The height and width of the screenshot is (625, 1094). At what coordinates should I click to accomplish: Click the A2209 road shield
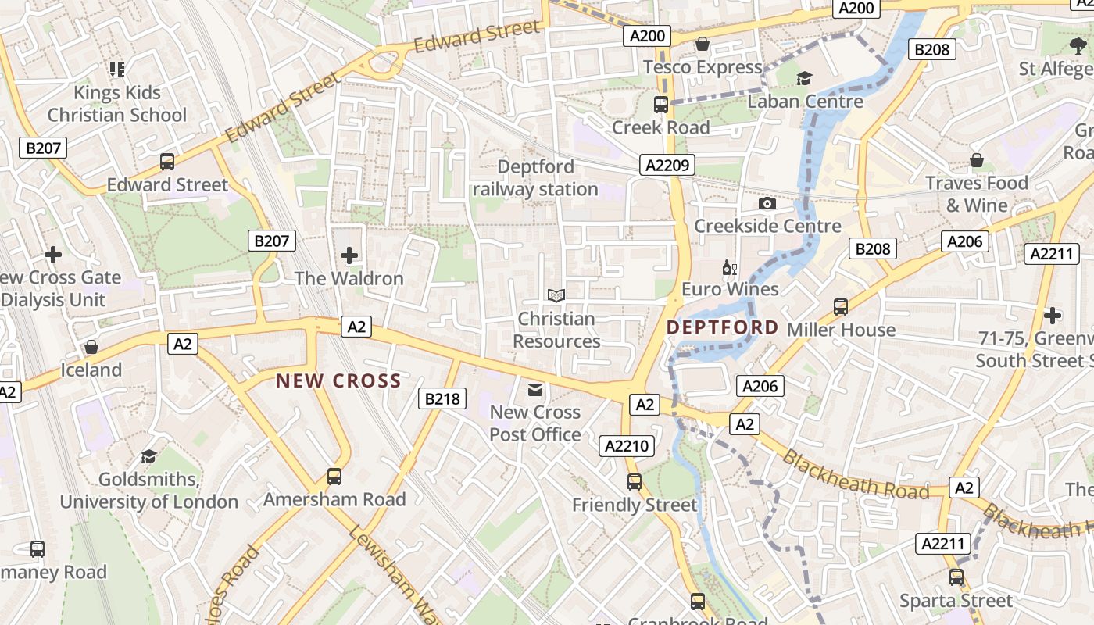[667, 164]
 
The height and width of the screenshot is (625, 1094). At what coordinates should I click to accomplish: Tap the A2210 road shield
[627, 446]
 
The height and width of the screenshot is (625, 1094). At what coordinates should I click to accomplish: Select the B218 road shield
[442, 398]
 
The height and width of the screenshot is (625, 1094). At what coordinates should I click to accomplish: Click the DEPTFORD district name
[723, 327]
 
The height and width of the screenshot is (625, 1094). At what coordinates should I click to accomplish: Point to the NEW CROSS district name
[338, 381]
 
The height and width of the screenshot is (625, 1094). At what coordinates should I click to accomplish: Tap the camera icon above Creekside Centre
[767, 203]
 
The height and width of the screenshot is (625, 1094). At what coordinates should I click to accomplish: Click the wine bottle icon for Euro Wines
[730, 268]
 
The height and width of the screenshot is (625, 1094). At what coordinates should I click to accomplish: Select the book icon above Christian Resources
[556, 295]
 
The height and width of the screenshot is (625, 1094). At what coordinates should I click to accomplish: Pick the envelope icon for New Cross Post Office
[535, 389]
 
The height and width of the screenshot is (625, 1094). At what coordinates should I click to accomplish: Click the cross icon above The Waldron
[349, 255]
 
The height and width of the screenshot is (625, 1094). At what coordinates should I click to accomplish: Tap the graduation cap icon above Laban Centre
[804, 78]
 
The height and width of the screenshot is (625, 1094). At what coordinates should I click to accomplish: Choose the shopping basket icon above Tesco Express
[702, 44]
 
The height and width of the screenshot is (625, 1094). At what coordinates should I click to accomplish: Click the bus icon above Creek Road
[661, 104]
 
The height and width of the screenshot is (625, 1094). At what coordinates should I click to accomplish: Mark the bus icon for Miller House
[841, 306]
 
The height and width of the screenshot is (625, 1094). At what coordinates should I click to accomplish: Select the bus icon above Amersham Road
[334, 476]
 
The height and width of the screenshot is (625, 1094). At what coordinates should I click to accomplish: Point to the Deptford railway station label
[535, 178]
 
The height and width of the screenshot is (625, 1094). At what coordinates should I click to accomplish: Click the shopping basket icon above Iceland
[91, 347]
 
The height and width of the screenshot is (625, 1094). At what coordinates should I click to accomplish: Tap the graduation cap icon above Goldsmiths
[148, 455]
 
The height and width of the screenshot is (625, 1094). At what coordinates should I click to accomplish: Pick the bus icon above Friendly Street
[635, 481]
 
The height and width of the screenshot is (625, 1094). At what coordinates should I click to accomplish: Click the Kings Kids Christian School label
[117, 104]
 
